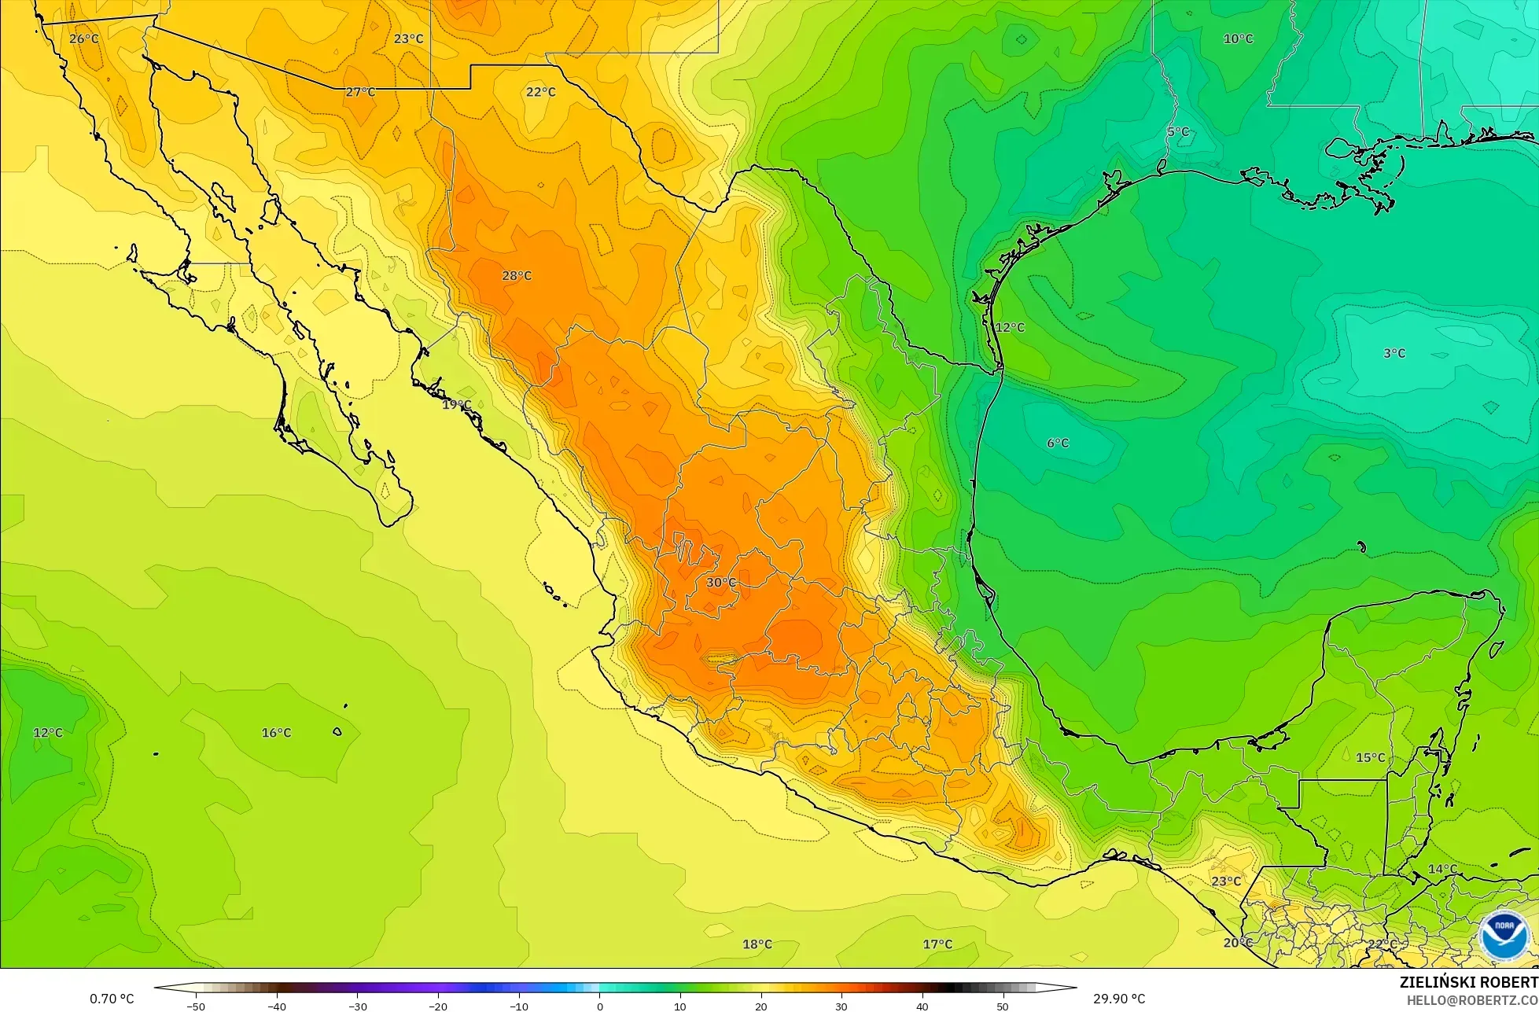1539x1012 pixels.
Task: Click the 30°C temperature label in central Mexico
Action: (720, 583)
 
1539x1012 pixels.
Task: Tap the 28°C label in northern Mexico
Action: (517, 276)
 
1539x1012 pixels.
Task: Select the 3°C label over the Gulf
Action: (1394, 354)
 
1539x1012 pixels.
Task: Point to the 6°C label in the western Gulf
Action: (1057, 443)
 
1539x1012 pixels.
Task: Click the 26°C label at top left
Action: (84, 39)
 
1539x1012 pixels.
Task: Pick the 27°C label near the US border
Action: (360, 93)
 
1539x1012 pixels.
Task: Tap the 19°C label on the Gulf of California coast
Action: (456, 406)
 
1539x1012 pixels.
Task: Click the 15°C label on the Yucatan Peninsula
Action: (1370, 758)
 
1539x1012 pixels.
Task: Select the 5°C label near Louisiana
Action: (1177, 132)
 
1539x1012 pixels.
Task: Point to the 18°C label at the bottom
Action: (757, 944)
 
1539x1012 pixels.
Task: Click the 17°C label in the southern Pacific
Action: (937, 944)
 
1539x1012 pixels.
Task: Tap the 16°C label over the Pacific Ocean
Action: (276, 733)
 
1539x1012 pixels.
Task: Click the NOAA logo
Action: (1503, 936)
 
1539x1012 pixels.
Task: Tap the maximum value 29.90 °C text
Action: (1118, 999)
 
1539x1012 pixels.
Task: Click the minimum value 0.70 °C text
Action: (112, 999)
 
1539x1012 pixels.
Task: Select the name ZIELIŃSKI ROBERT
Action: (1468, 982)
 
